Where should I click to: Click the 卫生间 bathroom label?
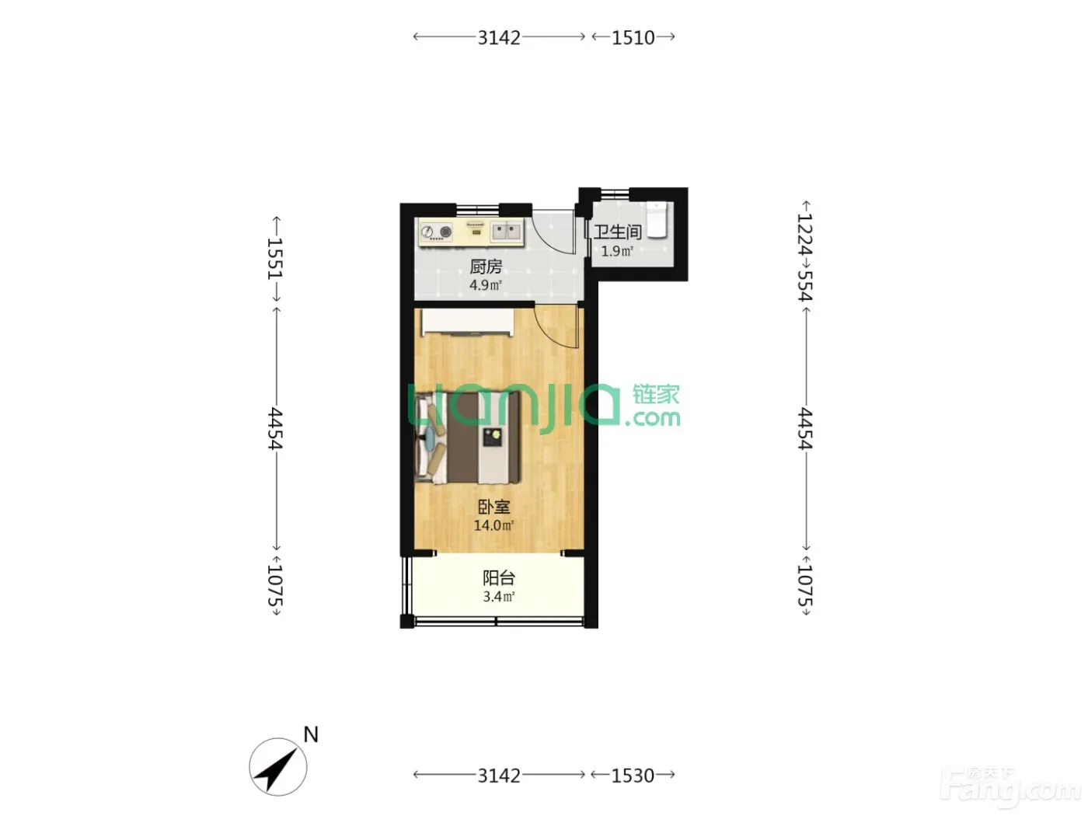point(617,232)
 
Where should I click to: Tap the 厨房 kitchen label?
point(486,267)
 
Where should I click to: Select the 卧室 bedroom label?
point(493,507)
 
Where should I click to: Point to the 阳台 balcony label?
point(499,577)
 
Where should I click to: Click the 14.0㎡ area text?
point(493,525)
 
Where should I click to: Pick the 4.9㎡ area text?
point(486,285)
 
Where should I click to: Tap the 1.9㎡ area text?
point(617,251)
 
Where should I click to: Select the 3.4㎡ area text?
point(499,597)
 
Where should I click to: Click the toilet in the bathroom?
point(657,219)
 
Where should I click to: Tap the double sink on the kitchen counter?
point(506,231)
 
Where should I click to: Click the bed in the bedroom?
point(468,438)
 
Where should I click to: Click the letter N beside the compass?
point(311,734)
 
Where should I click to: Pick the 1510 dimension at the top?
point(633,37)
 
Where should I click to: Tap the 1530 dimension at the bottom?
point(633,776)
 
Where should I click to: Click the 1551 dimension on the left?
point(275,259)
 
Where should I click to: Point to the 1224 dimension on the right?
point(805,233)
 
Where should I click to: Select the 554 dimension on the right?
point(805,285)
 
